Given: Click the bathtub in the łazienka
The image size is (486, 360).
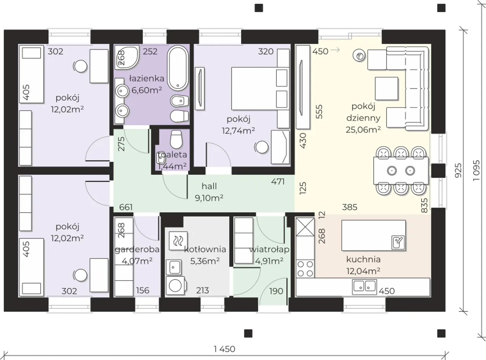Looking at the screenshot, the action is pyautogui.click(x=178, y=68).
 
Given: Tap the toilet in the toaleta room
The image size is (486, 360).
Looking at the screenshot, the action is pyautogui.click(x=176, y=139).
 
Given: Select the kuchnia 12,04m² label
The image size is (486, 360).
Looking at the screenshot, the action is pyautogui.click(x=363, y=265).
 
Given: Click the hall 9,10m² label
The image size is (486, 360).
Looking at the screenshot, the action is pyautogui.click(x=209, y=192).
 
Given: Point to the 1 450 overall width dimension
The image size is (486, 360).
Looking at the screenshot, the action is pyautogui.click(x=224, y=349).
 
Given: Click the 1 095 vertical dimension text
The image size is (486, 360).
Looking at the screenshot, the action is pyautogui.click(x=477, y=171).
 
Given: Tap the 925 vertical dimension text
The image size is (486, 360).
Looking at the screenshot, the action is pyautogui.click(x=458, y=171).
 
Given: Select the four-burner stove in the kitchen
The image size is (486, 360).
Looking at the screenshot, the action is pyautogui.click(x=305, y=269).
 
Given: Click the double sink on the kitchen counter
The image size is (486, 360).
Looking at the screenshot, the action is pyautogui.click(x=364, y=287).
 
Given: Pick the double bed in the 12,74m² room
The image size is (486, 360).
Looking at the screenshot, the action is pyautogui.click(x=260, y=88).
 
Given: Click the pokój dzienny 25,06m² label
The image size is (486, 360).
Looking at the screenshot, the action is pyautogui.click(x=363, y=118).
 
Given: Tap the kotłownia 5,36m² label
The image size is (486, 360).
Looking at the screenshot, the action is pyautogui.click(x=205, y=255).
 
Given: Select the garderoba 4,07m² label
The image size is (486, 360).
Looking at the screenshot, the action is pyautogui.click(x=137, y=255).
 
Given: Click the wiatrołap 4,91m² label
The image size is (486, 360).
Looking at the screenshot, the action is pyautogui.click(x=269, y=255).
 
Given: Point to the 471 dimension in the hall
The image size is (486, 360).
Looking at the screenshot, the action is pyautogui.click(x=278, y=182).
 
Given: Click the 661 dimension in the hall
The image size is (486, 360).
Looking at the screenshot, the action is pyautogui.click(x=126, y=207).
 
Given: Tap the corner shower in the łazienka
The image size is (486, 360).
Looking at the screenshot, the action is pyautogui.click(x=127, y=57).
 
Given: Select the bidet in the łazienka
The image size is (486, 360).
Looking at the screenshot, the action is pyautogui.click(x=180, y=101).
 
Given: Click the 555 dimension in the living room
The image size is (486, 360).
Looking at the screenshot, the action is pyautogui.click(x=319, y=112).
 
